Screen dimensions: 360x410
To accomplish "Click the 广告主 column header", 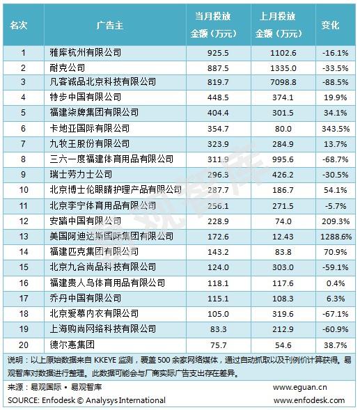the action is click(x=110, y=25).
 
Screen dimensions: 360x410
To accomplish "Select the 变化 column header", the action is click(x=330, y=25).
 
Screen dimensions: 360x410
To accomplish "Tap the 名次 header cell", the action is click(x=19, y=25).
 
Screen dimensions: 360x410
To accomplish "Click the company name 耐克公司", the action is click(x=68, y=68).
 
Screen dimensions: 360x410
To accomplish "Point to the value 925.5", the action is click(x=218, y=53).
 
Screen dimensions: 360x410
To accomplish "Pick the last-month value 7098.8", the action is click(x=283, y=82).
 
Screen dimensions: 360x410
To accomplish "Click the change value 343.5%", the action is click(x=336, y=129).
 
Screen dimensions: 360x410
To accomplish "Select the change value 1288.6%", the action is click(x=336, y=237).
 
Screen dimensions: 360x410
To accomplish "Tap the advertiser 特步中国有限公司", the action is click(x=86, y=97).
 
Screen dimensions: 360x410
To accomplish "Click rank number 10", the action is click(x=24, y=190).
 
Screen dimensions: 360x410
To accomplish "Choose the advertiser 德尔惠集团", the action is click(x=72, y=345).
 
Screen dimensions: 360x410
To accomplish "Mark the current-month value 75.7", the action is click(x=218, y=345).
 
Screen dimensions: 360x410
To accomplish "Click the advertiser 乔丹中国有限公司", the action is click(x=86, y=299).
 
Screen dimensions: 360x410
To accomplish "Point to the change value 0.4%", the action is click(x=336, y=283).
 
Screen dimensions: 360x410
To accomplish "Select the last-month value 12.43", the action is click(x=283, y=237).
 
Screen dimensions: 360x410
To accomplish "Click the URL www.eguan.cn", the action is click(x=300, y=387).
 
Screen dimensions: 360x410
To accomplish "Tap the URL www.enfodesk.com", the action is click(x=309, y=400).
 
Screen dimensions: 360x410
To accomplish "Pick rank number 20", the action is click(x=24, y=345).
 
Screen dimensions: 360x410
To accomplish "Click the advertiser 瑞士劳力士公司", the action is click(x=81, y=175).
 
